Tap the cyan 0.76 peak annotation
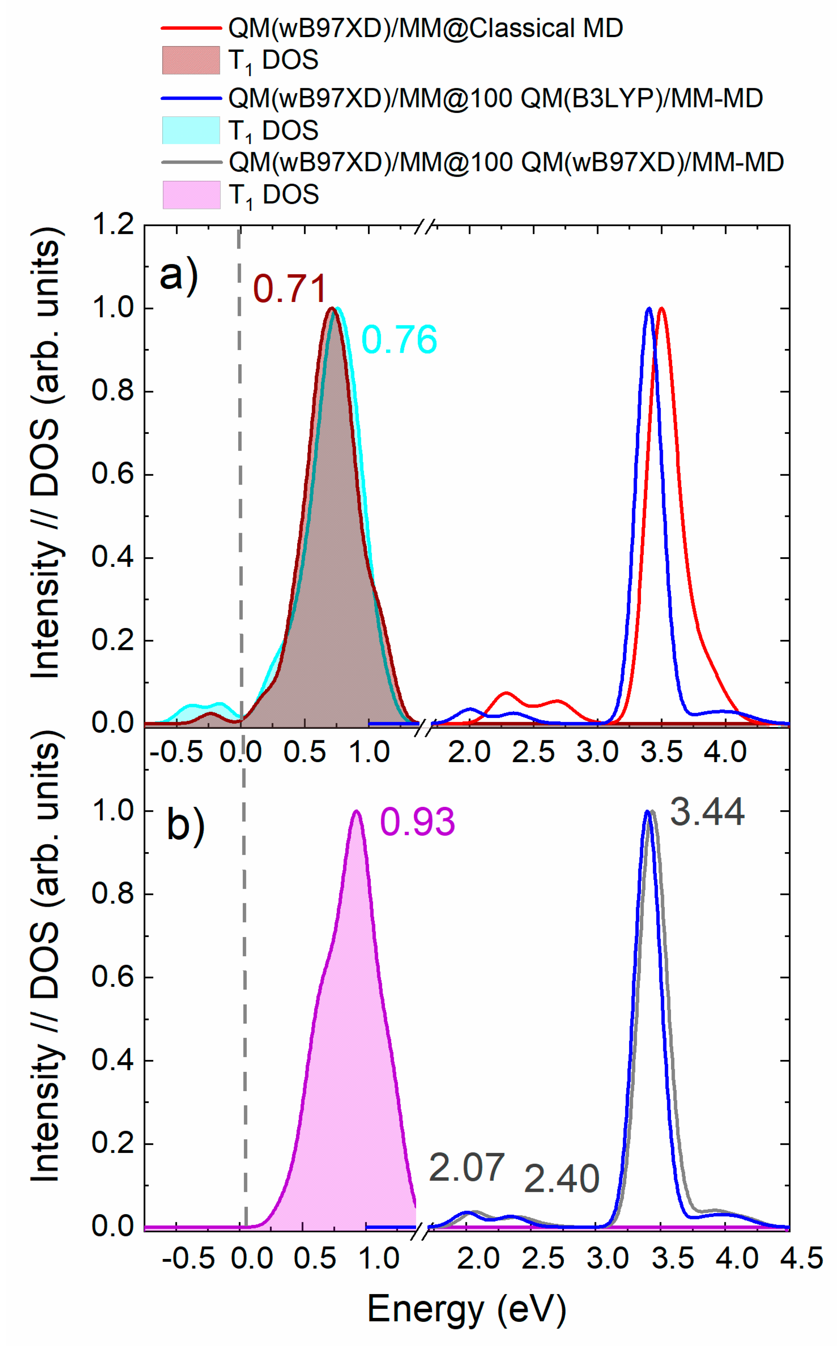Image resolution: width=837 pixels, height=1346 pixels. point(399,339)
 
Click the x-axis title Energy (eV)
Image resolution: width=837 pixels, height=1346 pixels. point(466,1309)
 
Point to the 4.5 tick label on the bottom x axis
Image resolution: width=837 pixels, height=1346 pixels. point(801,1258)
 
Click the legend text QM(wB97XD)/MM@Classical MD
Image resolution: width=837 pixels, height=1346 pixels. point(425,28)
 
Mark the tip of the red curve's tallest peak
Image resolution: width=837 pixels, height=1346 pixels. point(661,309)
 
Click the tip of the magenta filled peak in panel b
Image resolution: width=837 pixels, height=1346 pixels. point(356,811)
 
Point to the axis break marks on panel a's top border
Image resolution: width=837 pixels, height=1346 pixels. point(425,226)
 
